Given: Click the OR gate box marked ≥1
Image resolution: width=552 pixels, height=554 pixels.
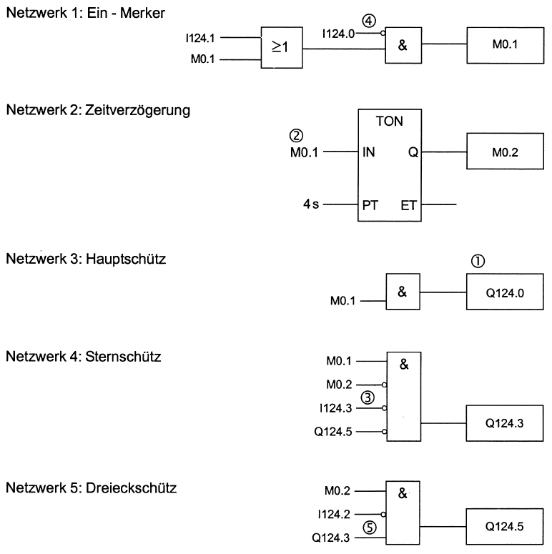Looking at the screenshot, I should click(281, 49).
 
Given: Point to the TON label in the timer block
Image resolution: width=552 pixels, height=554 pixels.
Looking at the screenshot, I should click(388, 122).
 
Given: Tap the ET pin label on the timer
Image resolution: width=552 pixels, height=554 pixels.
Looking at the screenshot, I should click(409, 205).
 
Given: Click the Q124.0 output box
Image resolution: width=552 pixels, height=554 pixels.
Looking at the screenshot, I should click(501, 292).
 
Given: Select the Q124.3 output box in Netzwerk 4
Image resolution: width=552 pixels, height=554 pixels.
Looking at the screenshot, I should click(501, 422).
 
